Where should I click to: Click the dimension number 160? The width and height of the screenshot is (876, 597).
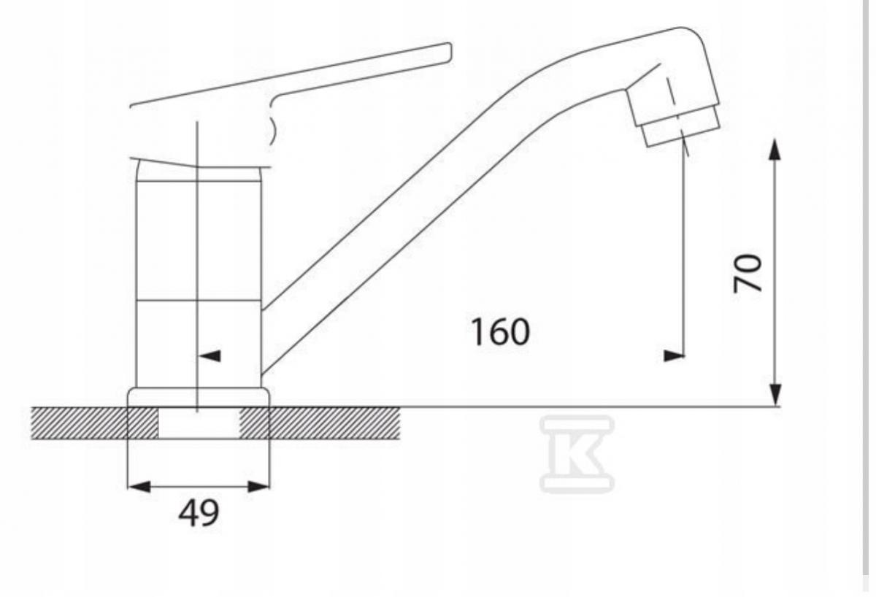pos(499,333)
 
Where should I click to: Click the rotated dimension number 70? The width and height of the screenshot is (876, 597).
pos(748,273)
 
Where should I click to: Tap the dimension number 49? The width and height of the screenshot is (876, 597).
pos(198,514)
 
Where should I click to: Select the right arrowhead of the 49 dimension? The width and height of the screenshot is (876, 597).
pos(258,486)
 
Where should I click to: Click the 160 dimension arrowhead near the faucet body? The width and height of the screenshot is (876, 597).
pos(210,356)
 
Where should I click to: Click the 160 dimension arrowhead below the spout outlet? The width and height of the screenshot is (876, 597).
pos(673,356)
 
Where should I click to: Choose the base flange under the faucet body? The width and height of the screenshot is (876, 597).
pos(199,397)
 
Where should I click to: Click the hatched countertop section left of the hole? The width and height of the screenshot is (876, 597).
pos(80,423)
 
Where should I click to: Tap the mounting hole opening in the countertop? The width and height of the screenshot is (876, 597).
pos(199,423)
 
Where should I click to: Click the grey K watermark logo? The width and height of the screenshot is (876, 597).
pos(577,454)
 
